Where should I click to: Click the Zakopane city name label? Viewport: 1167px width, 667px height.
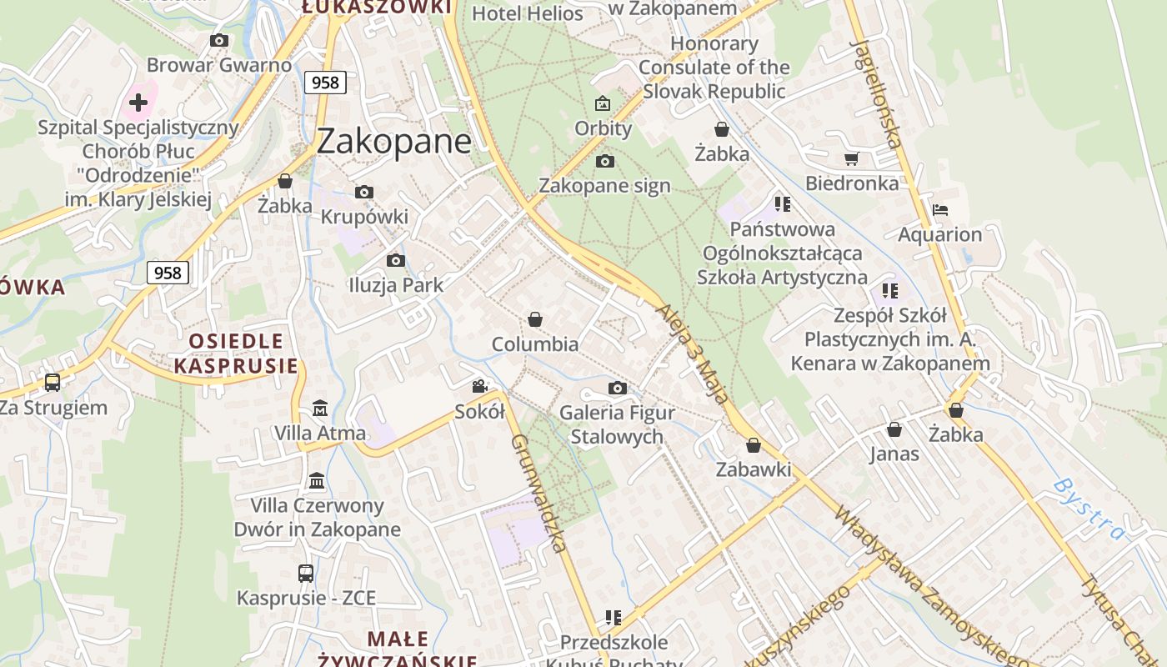[x=394, y=141]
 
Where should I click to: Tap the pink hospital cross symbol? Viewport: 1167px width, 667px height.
[x=138, y=103]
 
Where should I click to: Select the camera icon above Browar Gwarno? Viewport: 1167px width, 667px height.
[x=219, y=40]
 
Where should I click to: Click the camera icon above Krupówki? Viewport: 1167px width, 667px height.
[x=363, y=193]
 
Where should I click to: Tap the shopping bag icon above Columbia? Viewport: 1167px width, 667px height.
[x=535, y=319]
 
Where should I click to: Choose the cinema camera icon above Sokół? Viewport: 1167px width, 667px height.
[x=479, y=386]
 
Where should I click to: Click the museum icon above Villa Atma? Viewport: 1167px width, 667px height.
[x=320, y=409]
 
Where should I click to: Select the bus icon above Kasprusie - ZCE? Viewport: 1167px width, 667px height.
[x=306, y=574]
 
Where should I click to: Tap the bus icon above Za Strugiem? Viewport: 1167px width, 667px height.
[x=53, y=383]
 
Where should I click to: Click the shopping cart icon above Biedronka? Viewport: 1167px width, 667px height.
[x=851, y=158]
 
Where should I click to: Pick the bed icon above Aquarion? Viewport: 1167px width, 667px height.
[x=940, y=209]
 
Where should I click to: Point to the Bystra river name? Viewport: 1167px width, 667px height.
[x=1089, y=509]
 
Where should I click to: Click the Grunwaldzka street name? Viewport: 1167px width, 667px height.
[x=538, y=493]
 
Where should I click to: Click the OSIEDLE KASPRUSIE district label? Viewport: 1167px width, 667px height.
[x=236, y=353]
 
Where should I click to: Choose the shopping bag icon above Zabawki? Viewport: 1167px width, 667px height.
[x=754, y=445]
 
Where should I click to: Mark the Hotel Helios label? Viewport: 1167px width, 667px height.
[x=528, y=13]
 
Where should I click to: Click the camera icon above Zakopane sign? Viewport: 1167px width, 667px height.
[x=605, y=161]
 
